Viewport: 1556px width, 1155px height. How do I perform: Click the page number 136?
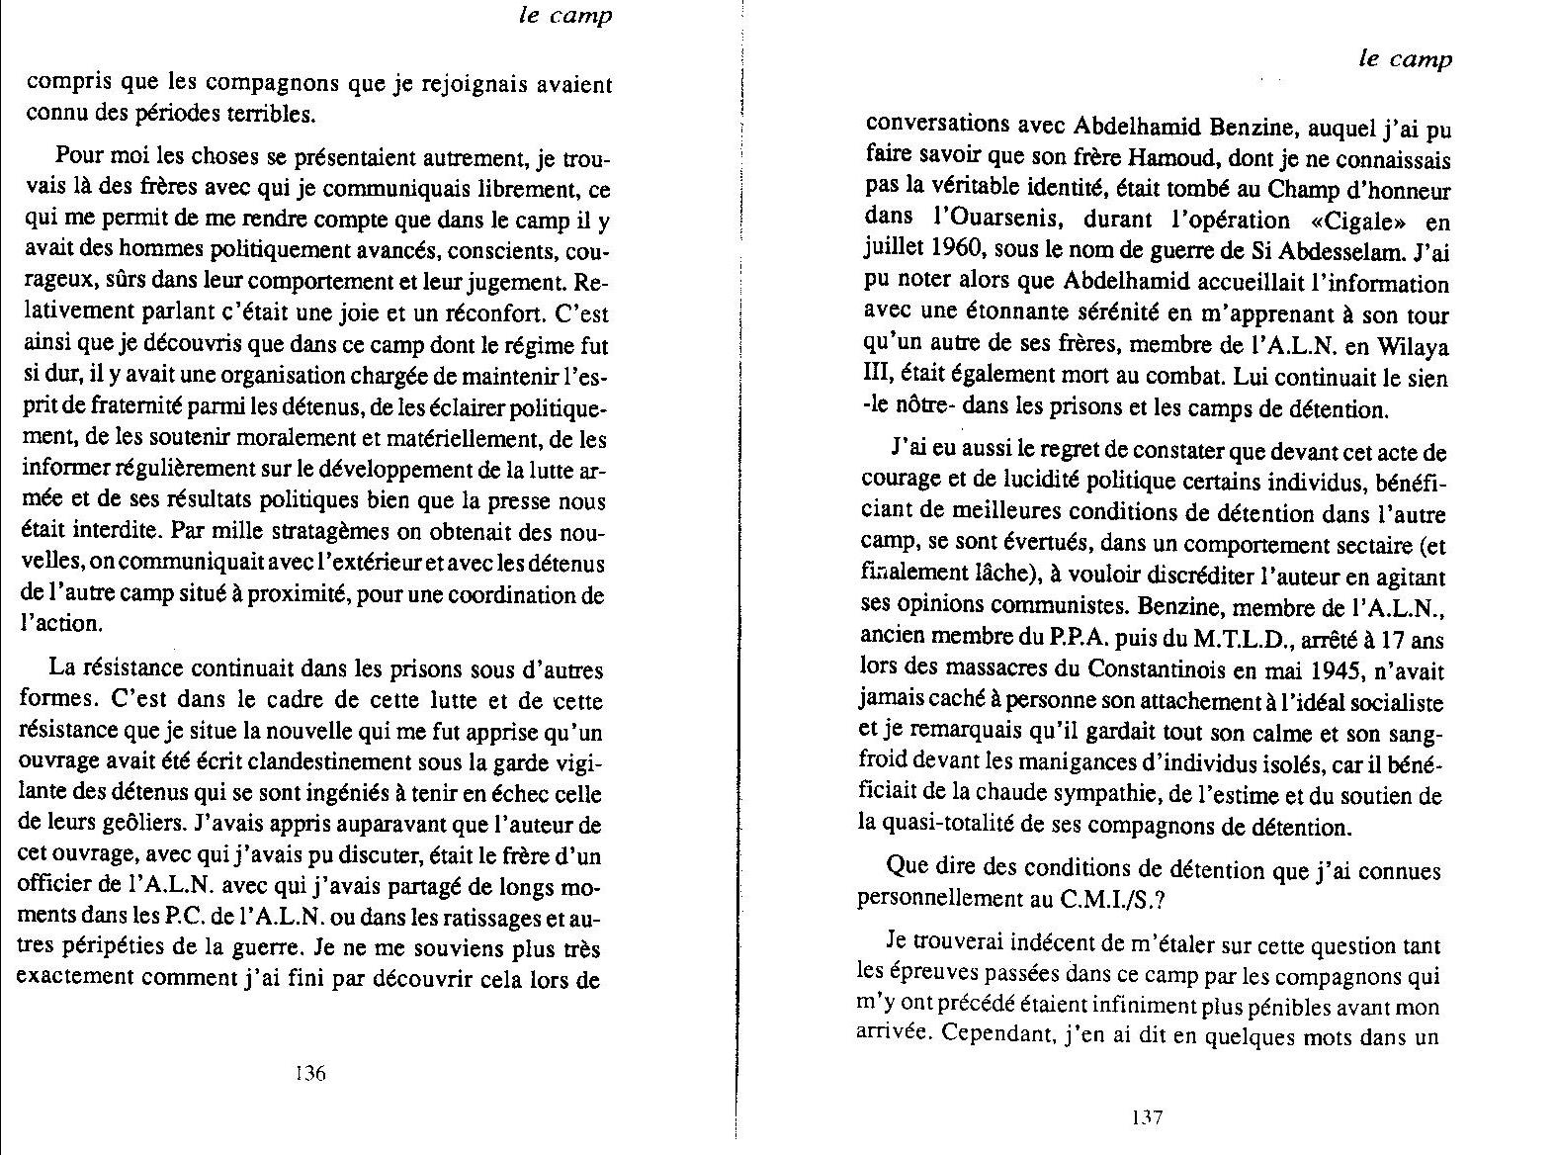point(310,1074)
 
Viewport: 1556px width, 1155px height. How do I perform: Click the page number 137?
point(1146,1118)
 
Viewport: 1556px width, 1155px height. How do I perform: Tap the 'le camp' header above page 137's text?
point(1405,59)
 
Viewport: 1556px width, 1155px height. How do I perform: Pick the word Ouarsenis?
point(999,221)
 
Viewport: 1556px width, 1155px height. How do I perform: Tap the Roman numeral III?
point(877,379)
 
